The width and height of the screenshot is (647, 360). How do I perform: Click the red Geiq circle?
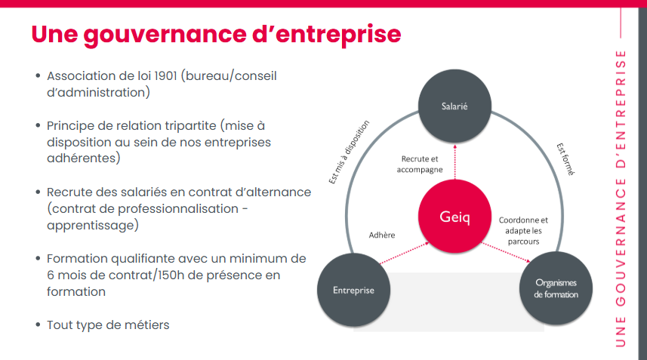(x=454, y=216)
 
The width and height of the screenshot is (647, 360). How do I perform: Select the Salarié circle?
(x=454, y=106)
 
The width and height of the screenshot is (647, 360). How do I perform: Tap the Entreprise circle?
(x=353, y=290)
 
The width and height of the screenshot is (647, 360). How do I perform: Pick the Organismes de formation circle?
(x=556, y=288)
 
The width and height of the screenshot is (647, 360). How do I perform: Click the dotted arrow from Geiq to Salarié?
(x=455, y=162)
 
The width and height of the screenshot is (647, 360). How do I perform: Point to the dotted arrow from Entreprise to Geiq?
(x=405, y=253)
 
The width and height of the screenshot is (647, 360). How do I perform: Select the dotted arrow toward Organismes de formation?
(x=506, y=252)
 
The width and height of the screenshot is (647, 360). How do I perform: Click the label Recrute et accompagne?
(x=420, y=164)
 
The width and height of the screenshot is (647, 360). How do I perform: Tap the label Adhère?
(x=382, y=235)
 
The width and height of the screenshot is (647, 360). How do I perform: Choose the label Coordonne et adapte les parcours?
(x=523, y=230)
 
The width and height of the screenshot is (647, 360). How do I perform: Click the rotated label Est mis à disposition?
(x=349, y=152)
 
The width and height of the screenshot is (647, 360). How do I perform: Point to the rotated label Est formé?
(x=565, y=159)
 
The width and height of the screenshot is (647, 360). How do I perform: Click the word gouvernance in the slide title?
(x=165, y=35)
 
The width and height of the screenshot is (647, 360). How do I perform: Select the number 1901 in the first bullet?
(x=165, y=76)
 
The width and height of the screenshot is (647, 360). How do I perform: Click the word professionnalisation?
(x=178, y=209)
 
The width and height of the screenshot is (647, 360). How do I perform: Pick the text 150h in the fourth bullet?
(x=171, y=275)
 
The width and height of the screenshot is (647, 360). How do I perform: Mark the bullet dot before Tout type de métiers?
(x=38, y=325)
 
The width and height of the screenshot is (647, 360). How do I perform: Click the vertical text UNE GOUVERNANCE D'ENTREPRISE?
(x=621, y=198)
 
